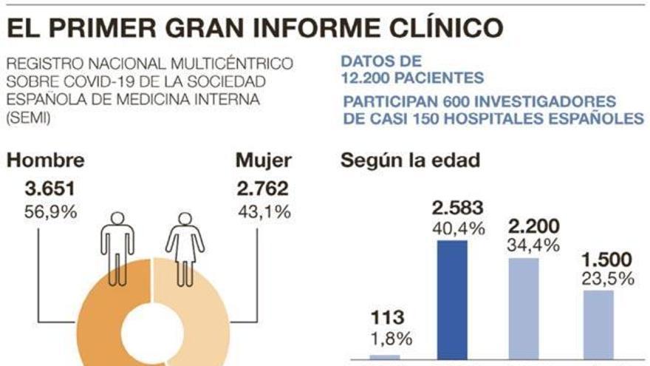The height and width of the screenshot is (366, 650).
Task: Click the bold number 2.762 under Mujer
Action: pyautogui.click(x=263, y=189)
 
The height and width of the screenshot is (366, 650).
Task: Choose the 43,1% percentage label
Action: pyautogui.click(x=264, y=212)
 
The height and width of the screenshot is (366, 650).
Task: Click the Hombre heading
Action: pyautogui.click(x=45, y=160)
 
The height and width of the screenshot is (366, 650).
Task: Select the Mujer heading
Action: pyautogui.click(x=263, y=160)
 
